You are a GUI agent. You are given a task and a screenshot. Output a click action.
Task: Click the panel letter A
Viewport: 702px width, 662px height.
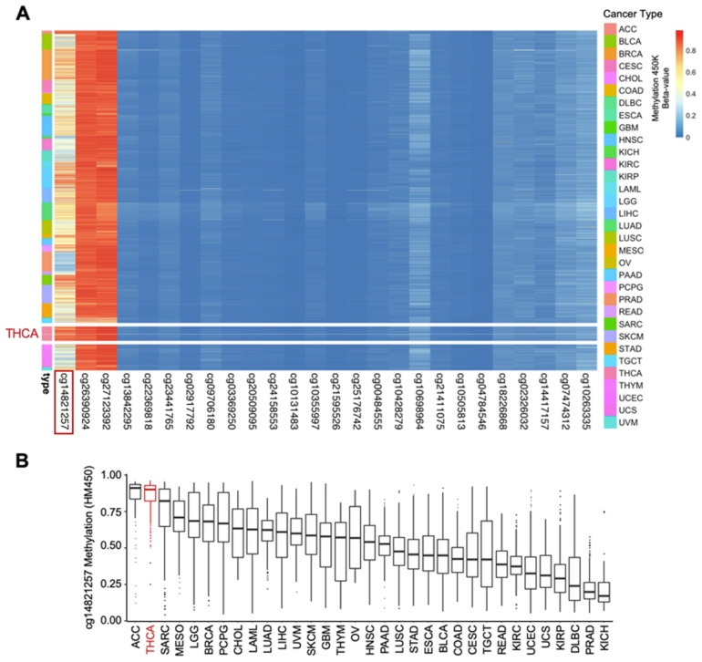coord(21,13)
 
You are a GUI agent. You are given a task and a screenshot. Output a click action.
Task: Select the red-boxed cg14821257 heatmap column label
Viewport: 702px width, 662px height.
coord(64,400)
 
